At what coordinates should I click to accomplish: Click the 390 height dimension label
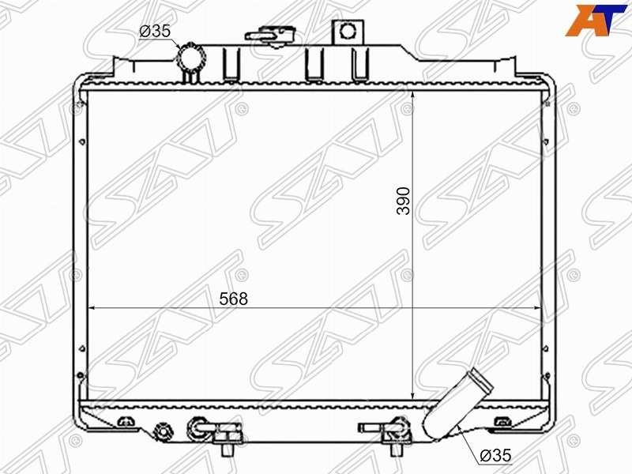point(404,201)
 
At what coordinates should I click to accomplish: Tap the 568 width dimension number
point(233,299)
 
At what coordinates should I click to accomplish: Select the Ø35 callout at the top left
point(155,31)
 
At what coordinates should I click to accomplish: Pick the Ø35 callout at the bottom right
point(496,456)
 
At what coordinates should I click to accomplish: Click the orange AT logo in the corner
point(596,21)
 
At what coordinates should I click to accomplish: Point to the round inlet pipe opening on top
point(192,58)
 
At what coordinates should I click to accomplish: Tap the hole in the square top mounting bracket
point(347,30)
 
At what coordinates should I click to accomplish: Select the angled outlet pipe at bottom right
point(458,404)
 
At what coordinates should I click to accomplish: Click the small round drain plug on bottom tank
point(163,431)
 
